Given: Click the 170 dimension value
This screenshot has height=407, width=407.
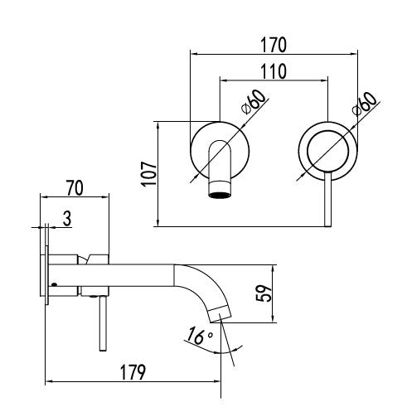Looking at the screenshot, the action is [x=274, y=45].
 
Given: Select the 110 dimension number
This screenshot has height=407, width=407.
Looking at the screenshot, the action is [x=274, y=71].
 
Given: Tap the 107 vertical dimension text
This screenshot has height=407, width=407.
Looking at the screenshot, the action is [x=149, y=174].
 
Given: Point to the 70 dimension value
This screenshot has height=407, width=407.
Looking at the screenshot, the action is [x=75, y=188].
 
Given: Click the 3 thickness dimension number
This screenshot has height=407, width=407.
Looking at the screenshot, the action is [x=67, y=218].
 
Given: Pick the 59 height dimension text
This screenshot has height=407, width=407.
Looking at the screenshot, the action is [x=264, y=293].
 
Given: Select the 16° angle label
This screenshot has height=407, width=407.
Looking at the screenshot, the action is [x=200, y=335].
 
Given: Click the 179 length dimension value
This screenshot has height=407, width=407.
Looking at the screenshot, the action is [x=133, y=372].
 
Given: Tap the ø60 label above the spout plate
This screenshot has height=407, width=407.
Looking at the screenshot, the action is [x=254, y=101].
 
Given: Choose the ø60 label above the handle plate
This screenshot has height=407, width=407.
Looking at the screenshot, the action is [x=365, y=103].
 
